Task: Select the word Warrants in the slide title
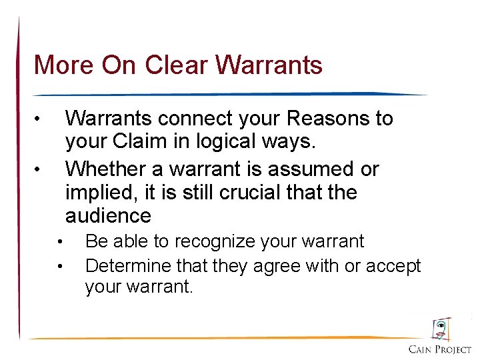(x=269, y=65)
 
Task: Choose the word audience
(x=108, y=216)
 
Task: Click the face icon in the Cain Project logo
(x=441, y=329)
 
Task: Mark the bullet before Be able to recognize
(x=60, y=242)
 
